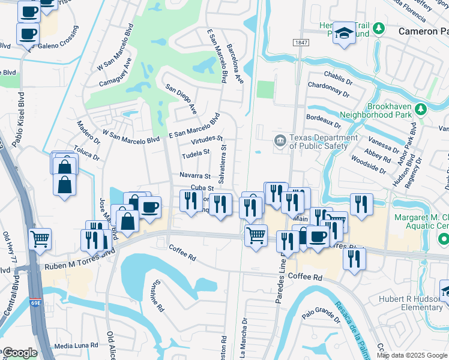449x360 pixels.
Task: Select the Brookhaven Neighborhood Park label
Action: coord(375,109)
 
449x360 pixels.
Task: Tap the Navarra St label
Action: coord(195,176)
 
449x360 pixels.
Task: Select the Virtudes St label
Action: coord(207,140)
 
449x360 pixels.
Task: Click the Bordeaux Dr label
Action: coord(323,121)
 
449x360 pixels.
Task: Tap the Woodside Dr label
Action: coord(368,165)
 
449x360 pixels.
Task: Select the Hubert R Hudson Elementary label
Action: coord(411,304)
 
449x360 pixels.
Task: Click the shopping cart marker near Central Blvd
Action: coord(40,239)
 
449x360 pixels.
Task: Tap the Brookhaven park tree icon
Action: coord(421,109)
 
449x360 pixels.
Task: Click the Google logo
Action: coord(19,353)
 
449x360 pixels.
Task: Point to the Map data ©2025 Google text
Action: coord(411,355)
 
